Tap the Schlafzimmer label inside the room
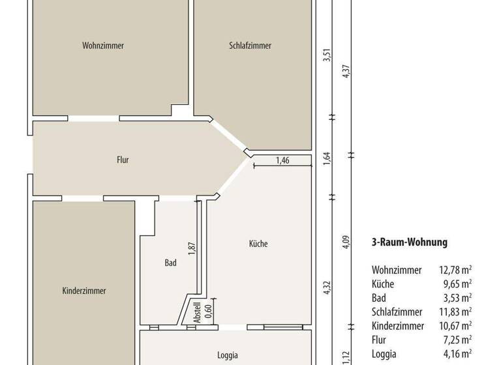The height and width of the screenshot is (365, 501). pyautogui.click(x=250, y=46)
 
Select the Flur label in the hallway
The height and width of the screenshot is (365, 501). pyautogui.click(x=123, y=159)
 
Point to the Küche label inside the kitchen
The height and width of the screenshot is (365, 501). pyautogui.click(x=258, y=244)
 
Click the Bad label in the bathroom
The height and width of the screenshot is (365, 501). pyautogui.click(x=170, y=263)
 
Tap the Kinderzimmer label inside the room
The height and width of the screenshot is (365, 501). pyautogui.click(x=84, y=291)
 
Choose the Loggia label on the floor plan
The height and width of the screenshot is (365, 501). pyautogui.click(x=228, y=355)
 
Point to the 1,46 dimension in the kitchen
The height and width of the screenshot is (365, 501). pyautogui.click(x=282, y=160)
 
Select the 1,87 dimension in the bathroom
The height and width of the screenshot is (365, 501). pyautogui.click(x=192, y=250)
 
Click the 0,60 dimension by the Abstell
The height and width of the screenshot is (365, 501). pyautogui.click(x=209, y=310)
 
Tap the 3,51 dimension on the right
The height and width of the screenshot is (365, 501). pyautogui.click(x=327, y=57)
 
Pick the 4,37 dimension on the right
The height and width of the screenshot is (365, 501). pyautogui.click(x=346, y=72)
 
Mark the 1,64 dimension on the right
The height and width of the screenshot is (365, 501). pyautogui.click(x=327, y=158)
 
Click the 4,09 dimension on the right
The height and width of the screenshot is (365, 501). pyautogui.click(x=346, y=242)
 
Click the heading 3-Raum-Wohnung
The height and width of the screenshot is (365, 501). pyautogui.click(x=409, y=242)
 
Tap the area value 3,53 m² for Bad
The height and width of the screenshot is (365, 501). pyautogui.click(x=457, y=298)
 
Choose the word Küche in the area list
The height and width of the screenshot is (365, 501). pyautogui.click(x=383, y=284)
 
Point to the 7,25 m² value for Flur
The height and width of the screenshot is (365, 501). pyautogui.click(x=457, y=340)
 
